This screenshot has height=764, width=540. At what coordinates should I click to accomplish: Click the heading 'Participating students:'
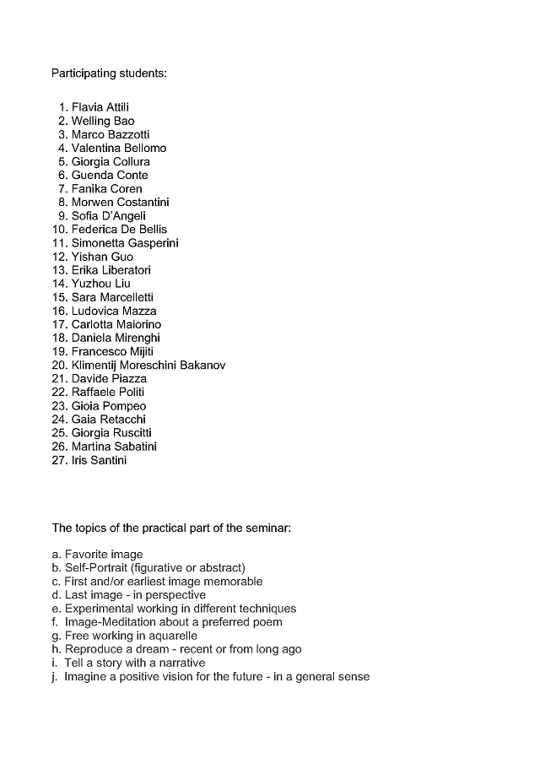point(109,73)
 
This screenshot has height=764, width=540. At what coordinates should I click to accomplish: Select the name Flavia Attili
point(100,107)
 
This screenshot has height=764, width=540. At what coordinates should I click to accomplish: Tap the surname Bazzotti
point(127,134)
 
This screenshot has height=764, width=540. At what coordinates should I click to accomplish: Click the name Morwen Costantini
point(120,202)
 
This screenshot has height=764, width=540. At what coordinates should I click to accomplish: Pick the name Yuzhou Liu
point(100,284)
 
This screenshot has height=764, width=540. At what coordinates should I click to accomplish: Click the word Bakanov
point(202,366)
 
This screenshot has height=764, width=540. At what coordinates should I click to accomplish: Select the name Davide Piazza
point(108,379)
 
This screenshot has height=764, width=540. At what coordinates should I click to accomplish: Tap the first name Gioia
point(86,406)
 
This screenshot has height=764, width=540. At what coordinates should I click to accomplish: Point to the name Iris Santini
point(99,460)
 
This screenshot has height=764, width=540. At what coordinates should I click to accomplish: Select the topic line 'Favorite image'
point(104,555)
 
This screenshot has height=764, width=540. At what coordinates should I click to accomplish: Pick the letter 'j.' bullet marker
point(56,676)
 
